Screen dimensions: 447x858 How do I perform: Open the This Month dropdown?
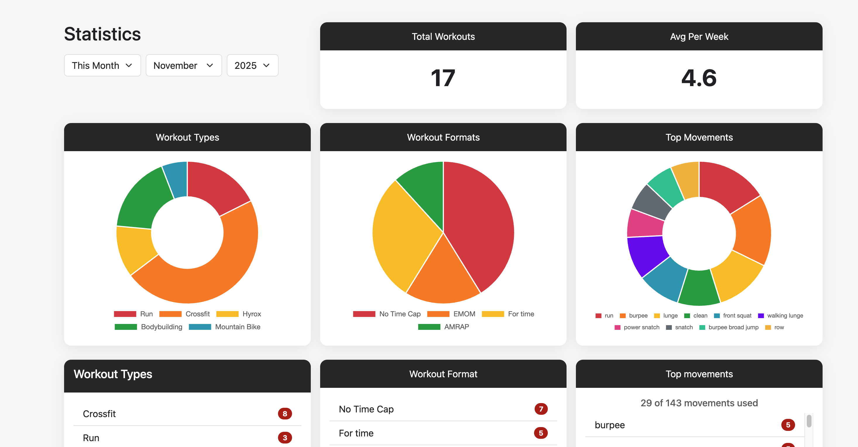(102, 65)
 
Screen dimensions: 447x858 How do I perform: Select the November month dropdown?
(183, 65)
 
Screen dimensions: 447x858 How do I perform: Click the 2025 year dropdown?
(252, 65)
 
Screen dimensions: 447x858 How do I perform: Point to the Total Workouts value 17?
(443, 78)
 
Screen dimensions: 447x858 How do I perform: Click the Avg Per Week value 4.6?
(699, 78)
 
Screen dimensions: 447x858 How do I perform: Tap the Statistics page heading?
(102, 34)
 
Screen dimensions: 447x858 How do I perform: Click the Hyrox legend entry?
(251, 314)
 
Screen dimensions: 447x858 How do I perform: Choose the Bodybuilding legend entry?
(161, 327)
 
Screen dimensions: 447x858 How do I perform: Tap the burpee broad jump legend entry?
(733, 327)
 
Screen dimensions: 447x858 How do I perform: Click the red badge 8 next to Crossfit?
(285, 414)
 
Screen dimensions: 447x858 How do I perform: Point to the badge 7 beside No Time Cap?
(540, 409)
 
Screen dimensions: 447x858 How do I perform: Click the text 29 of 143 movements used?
(699, 403)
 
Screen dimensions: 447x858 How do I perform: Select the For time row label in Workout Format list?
(356, 433)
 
